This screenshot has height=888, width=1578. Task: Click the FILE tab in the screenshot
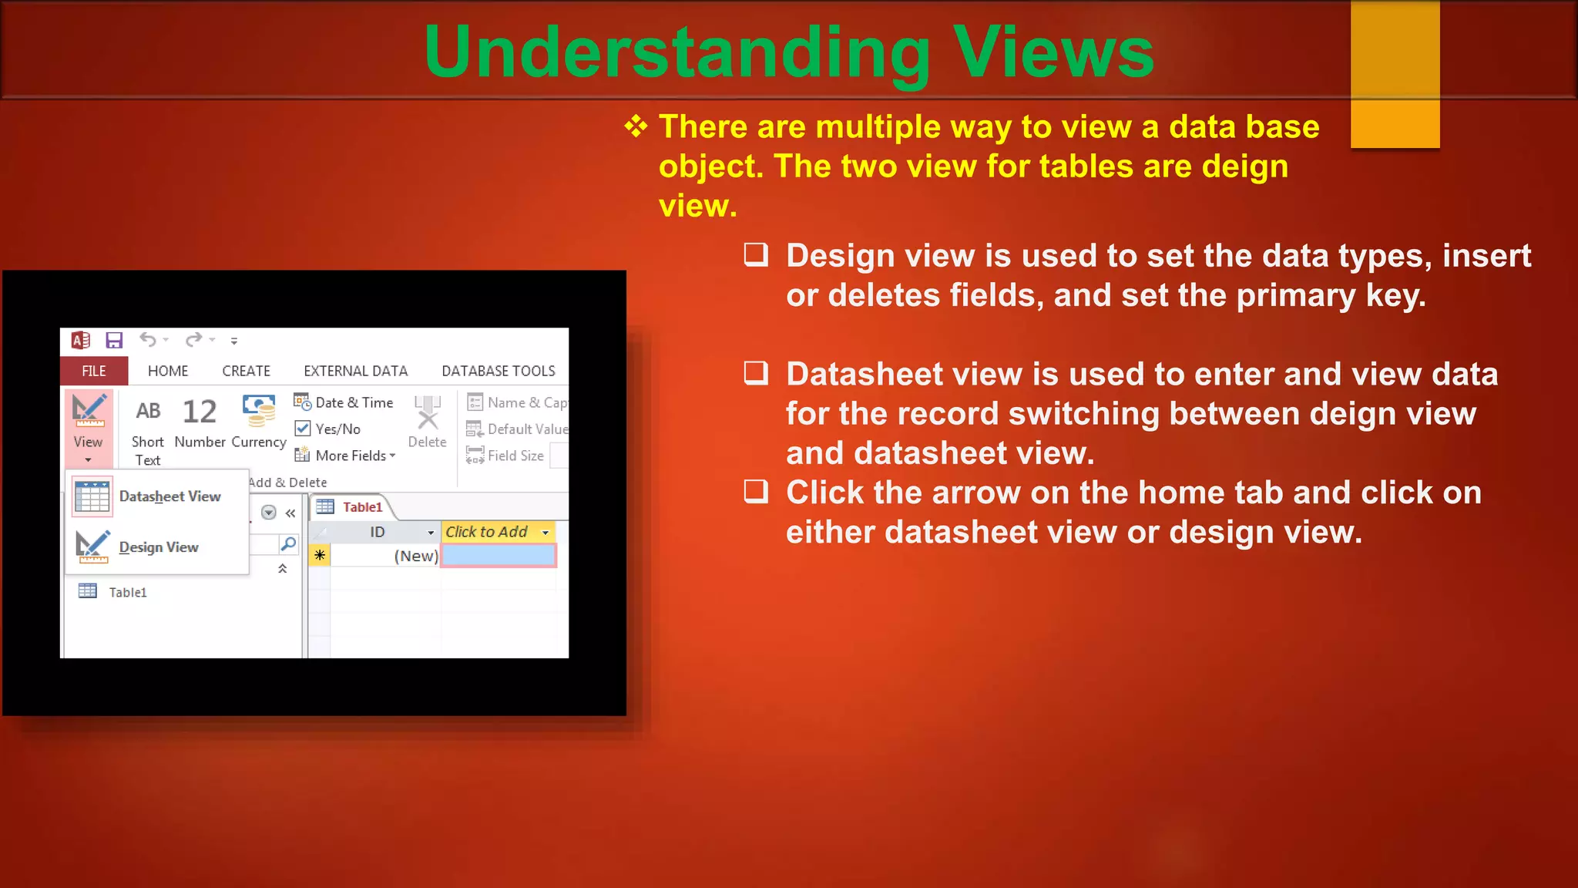pyautogui.click(x=94, y=371)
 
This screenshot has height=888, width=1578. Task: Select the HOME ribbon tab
pyautogui.click(x=168, y=371)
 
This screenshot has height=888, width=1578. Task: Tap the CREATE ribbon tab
pyautogui.click(x=246, y=371)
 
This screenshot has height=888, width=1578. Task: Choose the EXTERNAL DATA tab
pyautogui.click(x=355, y=371)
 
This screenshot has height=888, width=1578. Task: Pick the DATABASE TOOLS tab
pyautogui.click(x=498, y=371)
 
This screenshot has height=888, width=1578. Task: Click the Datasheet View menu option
pyautogui.click(x=170, y=496)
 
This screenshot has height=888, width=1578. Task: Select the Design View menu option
pyautogui.click(x=158, y=547)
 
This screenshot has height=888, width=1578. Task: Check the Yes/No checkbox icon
pyautogui.click(x=303, y=429)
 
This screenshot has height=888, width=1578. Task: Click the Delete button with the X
pyautogui.click(x=427, y=421)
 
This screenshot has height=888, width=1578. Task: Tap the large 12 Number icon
pyautogui.click(x=200, y=412)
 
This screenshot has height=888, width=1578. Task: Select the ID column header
pyautogui.click(x=378, y=532)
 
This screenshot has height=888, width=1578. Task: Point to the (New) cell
pyautogui.click(x=415, y=556)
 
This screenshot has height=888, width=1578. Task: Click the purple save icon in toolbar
pyautogui.click(x=114, y=340)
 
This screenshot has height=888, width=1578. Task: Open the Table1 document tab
pyautogui.click(x=362, y=506)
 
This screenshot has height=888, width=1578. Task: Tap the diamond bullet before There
pyautogui.click(x=636, y=126)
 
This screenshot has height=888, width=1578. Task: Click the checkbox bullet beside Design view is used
pyautogui.click(x=756, y=254)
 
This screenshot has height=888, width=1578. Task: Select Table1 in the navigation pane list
pyautogui.click(x=127, y=592)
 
